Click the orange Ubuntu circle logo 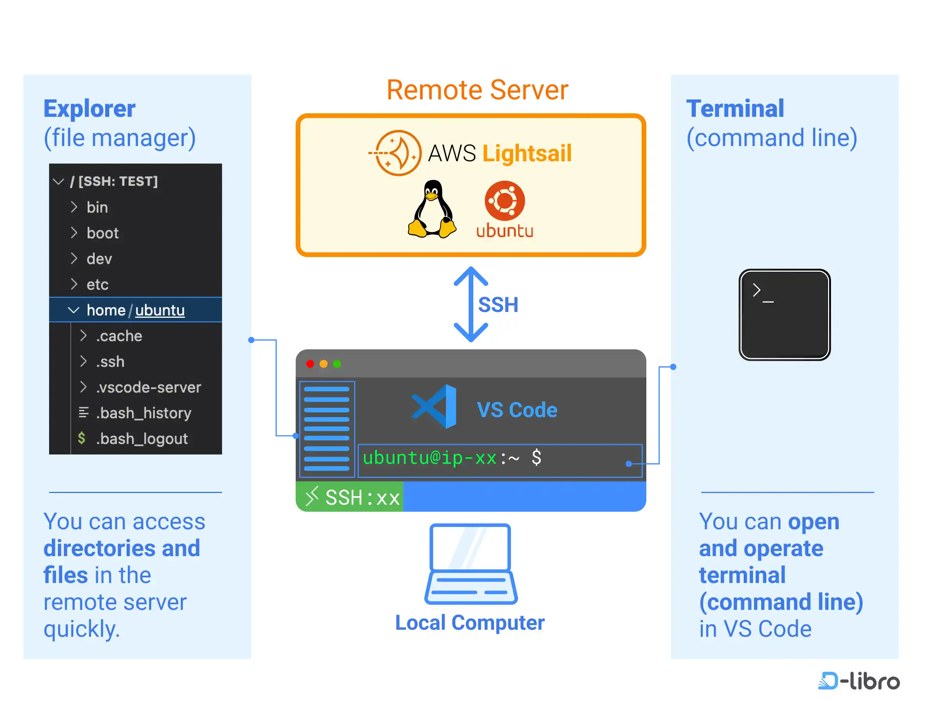(x=504, y=201)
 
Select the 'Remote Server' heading (x=477, y=90)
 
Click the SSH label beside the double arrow (x=498, y=305)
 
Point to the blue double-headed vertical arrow (x=471, y=304)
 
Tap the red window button (x=310, y=364)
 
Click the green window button (x=337, y=364)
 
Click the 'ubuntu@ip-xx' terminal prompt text (x=429, y=458)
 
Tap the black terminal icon (x=784, y=315)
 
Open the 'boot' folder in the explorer (x=102, y=233)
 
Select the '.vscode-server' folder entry (x=148, y=387)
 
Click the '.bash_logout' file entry (x=141, y=439)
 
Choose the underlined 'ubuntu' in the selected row (x=160, y=310)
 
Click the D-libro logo (x=859, y=681)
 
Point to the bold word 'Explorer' (x=90, y=109)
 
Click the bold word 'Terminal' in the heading (x=735, y=109)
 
